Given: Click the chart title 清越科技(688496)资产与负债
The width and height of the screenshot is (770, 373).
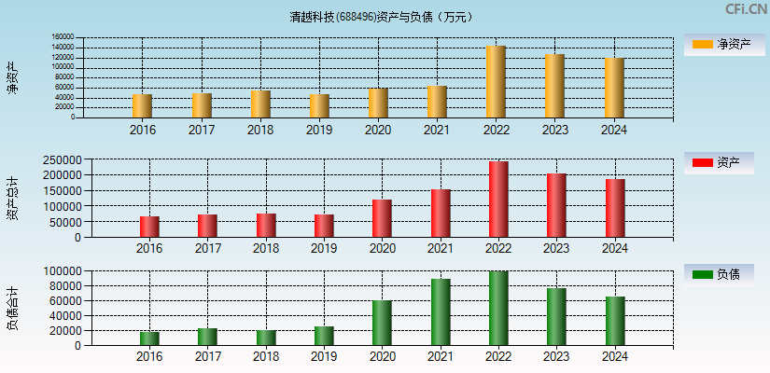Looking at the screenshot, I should tap(380, 17).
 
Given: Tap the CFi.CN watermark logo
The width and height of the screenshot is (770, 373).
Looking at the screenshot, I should tap(746, 9).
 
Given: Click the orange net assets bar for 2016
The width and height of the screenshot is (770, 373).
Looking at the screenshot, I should tap(142, 105).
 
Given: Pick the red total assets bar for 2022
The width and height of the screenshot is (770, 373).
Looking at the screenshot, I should tap(498, 200).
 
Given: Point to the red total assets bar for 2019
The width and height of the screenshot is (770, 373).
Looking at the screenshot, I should tap(324, 226).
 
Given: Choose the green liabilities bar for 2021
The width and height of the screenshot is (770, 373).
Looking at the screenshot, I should tap(441, 311).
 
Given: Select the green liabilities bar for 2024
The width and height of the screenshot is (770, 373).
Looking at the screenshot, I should tap(615, 321).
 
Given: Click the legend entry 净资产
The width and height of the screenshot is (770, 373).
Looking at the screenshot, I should tap(722, 44).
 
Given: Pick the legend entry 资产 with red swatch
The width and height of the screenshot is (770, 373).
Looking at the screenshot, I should tap(722, 163).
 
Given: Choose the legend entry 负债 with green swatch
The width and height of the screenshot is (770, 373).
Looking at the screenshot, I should tap(722, 274).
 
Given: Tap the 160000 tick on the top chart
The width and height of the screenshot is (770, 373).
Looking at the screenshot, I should tap(63, 39).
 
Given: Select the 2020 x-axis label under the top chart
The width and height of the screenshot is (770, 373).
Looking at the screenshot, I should tap(378, 130).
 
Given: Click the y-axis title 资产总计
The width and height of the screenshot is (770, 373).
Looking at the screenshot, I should tap(12, 198).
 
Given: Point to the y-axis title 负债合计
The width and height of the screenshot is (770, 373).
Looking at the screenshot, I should tap(12, 309).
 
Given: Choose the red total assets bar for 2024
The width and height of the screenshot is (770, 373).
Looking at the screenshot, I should tap(615, 208).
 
